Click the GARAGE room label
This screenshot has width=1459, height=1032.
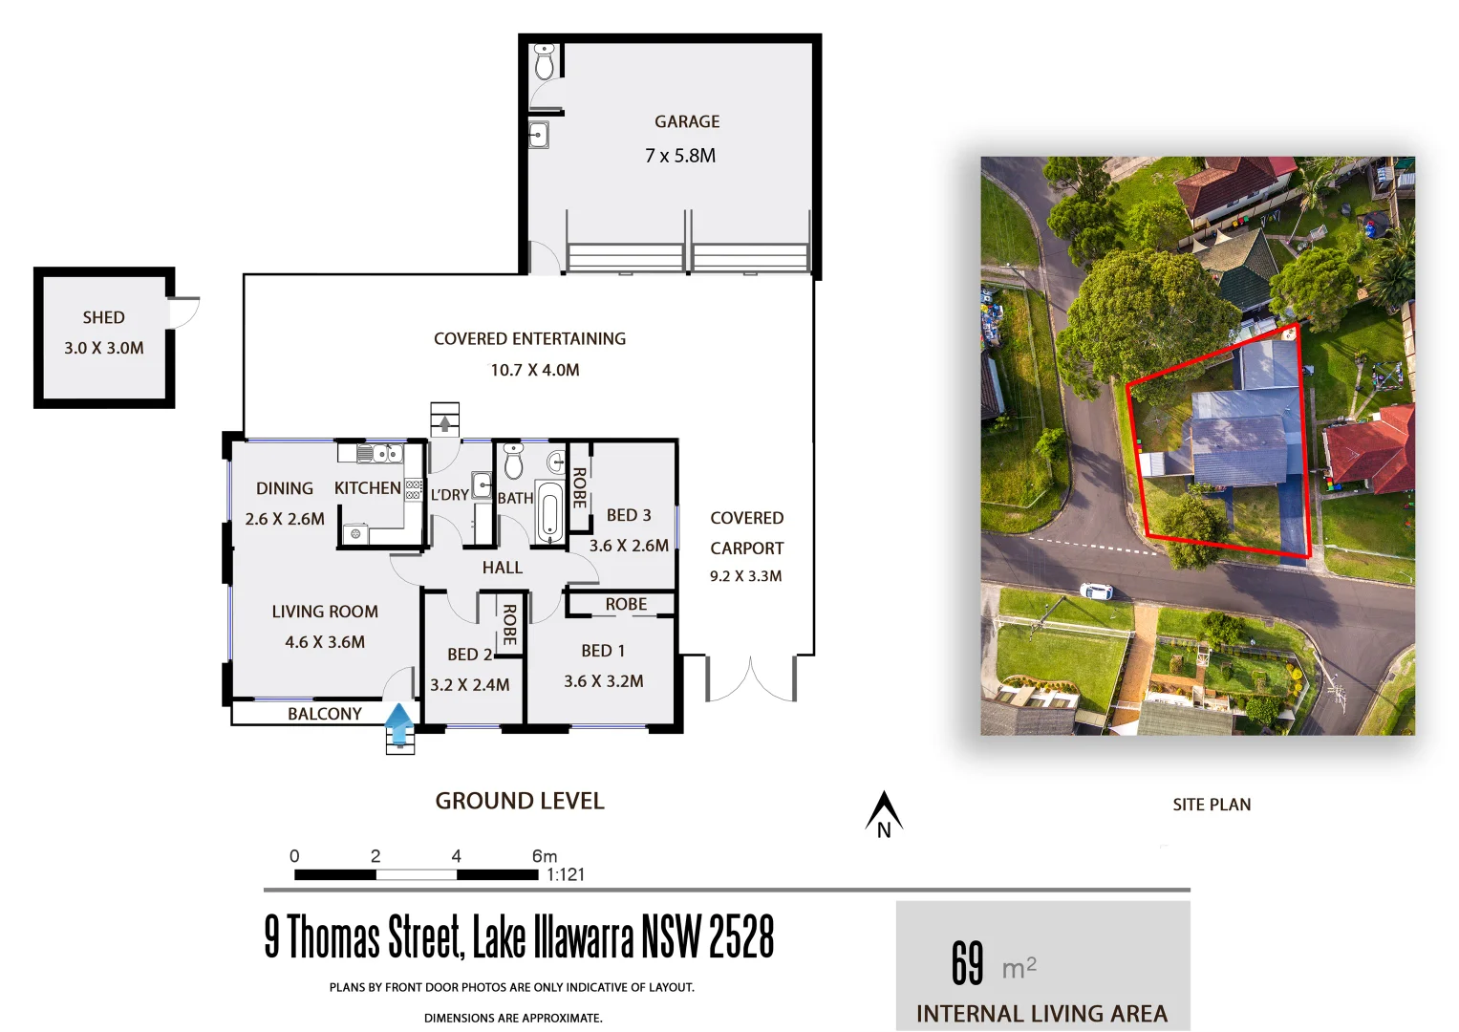tap(687, 121)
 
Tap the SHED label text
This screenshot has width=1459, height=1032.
tap(103, 317)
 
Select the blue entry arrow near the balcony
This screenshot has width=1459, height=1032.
tap(399, 723)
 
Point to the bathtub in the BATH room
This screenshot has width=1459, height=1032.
tap(549, 513)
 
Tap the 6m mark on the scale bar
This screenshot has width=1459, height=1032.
tap(544, 856)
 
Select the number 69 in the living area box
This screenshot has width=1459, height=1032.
tap(967, 962)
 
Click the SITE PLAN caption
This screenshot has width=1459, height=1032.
tap(1212, 805)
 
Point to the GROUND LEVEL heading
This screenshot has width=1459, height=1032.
tap(520, 801)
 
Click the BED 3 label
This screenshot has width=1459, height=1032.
tap(629, 515)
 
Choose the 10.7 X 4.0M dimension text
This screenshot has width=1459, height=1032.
tap(535, 370)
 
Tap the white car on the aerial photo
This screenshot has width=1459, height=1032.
tap(1096, 591)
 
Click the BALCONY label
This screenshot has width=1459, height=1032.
tap(325, 714)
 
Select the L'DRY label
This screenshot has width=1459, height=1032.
tap(449, 495)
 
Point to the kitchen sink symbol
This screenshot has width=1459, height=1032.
tap(379, 453)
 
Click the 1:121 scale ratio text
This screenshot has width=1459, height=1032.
tap(566, 874)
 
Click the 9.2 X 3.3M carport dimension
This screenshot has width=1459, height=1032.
tap(745, 576)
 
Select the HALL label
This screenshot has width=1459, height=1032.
tap(502, 568)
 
